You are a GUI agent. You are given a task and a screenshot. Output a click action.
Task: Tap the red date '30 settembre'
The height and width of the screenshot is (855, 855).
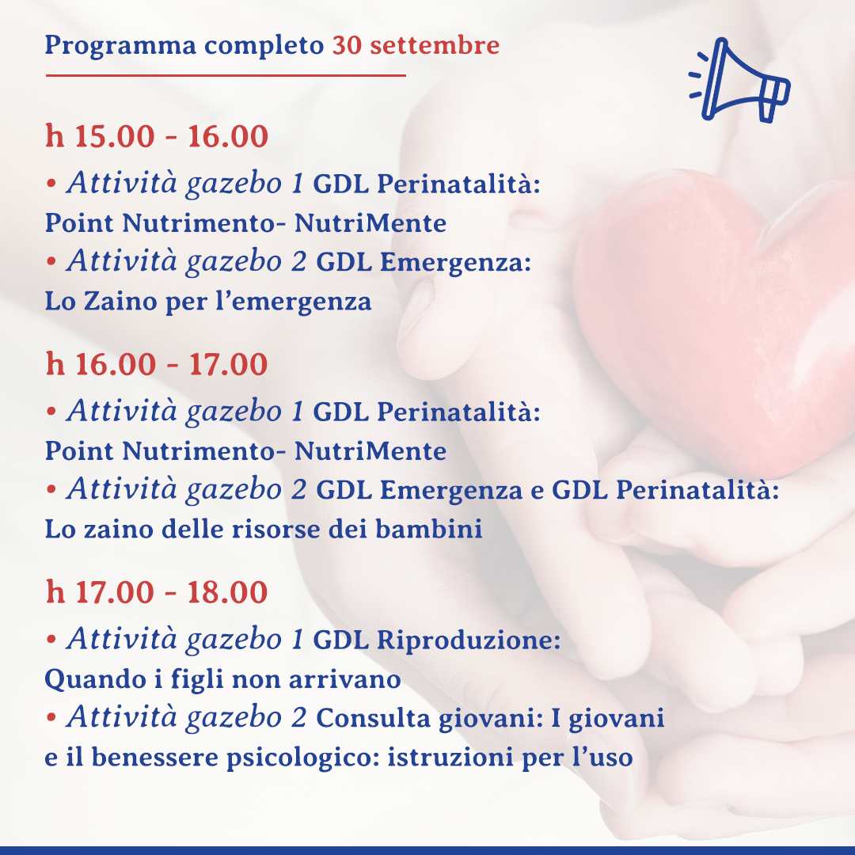(416, 44)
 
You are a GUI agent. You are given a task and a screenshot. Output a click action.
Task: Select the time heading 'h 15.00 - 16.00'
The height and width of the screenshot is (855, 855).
(157, 136)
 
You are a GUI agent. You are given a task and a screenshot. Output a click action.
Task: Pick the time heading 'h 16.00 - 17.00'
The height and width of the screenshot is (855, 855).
(157, 364)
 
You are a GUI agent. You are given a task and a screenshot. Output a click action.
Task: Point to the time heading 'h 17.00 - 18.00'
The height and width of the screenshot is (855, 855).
(157, 592)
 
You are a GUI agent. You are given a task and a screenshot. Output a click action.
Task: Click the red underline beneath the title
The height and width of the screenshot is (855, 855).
(226, 75)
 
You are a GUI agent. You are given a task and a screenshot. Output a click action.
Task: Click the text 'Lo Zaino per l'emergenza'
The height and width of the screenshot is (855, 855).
(207, 302)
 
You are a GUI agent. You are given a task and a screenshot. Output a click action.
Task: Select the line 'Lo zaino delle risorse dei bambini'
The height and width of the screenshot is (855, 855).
(264, 529)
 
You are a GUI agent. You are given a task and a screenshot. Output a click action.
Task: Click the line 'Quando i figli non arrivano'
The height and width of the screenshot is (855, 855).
(222, 680)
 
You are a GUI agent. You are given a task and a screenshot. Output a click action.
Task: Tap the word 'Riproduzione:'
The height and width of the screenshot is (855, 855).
(469, 640)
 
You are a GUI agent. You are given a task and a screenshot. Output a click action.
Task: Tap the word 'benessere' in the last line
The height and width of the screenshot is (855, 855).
(155, 757)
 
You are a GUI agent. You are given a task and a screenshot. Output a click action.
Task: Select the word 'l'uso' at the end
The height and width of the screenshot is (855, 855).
(602, 757)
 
